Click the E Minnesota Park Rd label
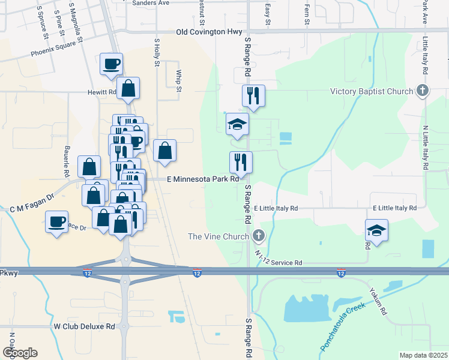[203, 179]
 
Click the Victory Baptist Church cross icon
[423, 91]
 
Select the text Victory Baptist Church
[372, 92]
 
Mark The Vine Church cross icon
[259, 236]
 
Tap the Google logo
[20, 353]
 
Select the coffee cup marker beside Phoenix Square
[112, 64]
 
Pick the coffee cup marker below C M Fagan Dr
[57, 223]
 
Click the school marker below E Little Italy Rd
[376, 231]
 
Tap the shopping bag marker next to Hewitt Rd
[128, 89]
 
